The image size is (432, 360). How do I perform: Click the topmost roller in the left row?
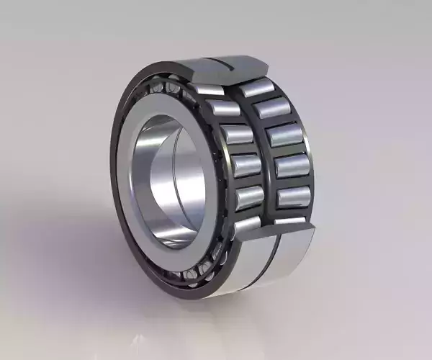210,90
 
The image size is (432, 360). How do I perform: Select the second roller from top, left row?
224,109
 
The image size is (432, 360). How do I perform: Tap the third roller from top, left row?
236,135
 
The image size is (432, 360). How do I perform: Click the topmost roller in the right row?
256,89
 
